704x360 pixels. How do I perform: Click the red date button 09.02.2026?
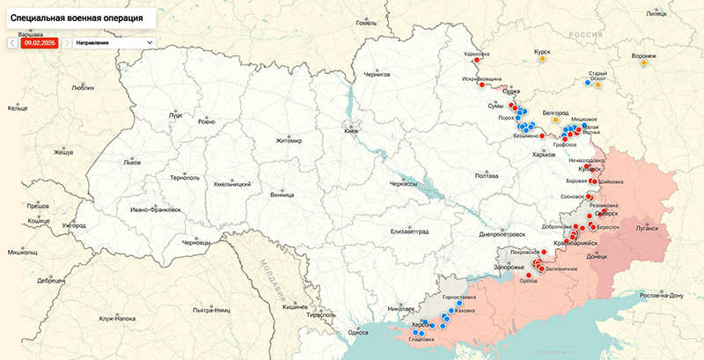pos(40,41)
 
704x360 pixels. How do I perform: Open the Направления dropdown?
pos(114,41)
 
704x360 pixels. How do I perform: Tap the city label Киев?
pos(351,131)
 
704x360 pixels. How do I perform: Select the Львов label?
pos(132,163)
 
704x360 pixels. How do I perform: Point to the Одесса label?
pos(357,333)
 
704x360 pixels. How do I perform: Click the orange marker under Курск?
pos(545,61)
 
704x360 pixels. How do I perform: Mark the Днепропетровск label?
pos(502,235)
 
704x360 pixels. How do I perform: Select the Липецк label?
pos(656,14)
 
